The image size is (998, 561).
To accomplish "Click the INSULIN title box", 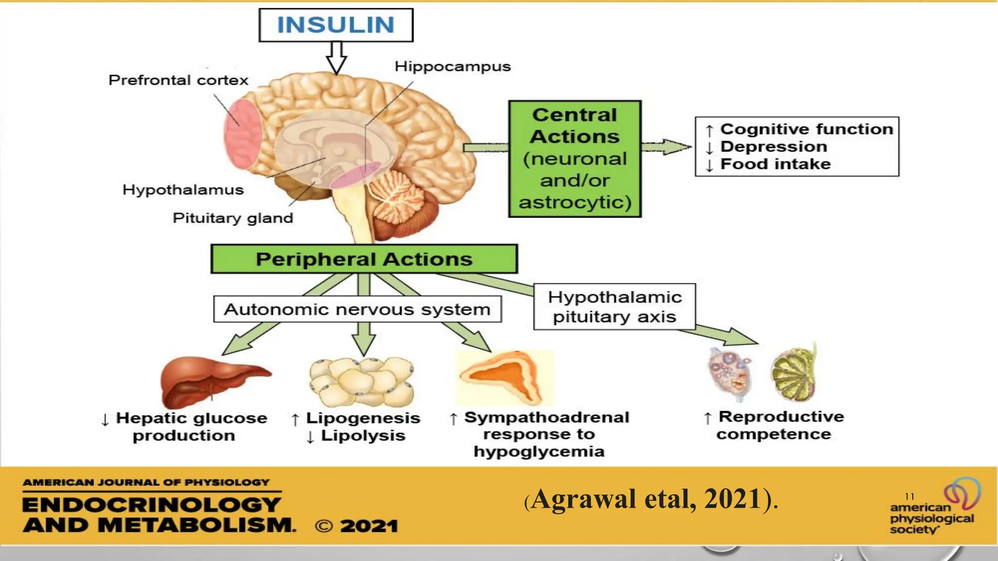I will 336,25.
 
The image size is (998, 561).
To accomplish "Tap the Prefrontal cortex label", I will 178,80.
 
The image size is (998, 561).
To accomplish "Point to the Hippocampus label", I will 452,66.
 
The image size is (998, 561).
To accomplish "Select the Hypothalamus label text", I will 183,189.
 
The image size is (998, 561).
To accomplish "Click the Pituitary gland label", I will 233,218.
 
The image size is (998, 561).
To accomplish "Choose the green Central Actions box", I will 575,159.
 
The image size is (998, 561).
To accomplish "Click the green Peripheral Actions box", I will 364,259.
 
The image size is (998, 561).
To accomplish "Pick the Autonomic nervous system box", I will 357,309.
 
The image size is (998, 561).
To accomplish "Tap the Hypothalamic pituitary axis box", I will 614,307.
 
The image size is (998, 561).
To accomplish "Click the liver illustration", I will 212,382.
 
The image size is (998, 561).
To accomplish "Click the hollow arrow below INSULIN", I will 336,57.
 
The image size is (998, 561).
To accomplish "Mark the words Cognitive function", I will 806,129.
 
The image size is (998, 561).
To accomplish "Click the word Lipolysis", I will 363,435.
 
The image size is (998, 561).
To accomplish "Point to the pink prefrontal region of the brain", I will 242,134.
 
